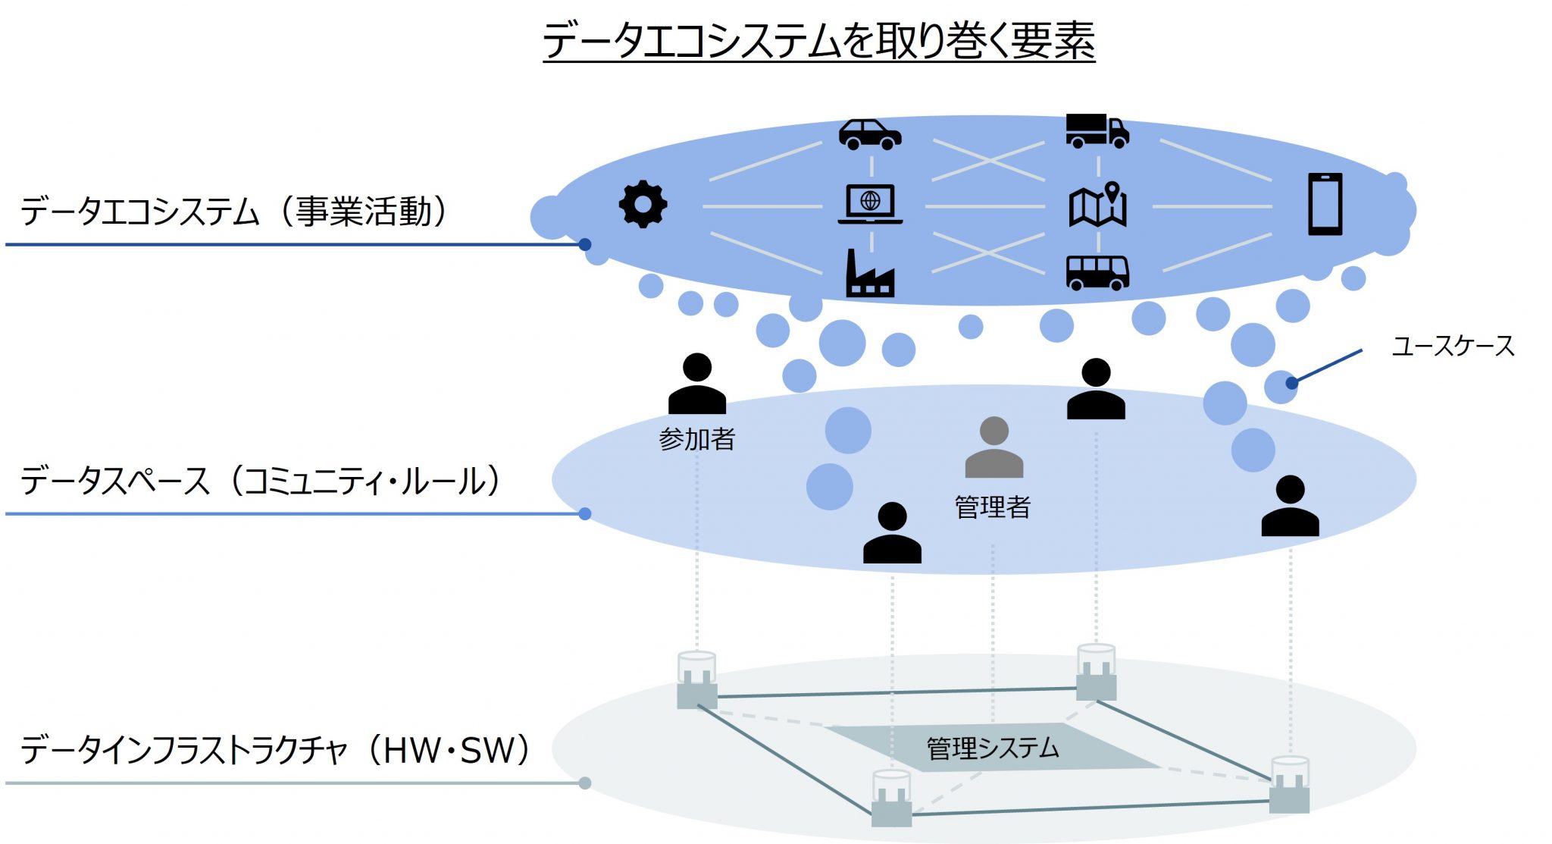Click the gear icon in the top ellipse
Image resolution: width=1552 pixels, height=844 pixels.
[x=643, y=204]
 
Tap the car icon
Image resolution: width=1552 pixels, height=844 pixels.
[x=870, y=134]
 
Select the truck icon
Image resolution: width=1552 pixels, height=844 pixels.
[x=1097, y=130]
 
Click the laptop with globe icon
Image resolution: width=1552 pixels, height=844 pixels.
[x=870, y=204]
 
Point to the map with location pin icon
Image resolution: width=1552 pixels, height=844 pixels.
[x=1098, y=204]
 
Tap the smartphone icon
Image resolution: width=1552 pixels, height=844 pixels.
[x=1325, y=204]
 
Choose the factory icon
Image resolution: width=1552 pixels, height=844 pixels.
[x=870, y=272]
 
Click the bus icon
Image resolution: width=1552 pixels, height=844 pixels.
[x=1097, y=273]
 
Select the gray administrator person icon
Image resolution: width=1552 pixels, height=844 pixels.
[x=993, y=447]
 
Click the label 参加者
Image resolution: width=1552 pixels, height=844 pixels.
[x=697, y=439]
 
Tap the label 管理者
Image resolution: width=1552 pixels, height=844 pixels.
[x=993, y=507]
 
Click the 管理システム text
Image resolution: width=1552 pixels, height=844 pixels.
[x=993, y=748]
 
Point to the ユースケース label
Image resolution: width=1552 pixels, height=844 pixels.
[x=1453, y=347]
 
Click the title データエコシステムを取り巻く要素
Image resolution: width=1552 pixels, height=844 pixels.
[x=819, y=40]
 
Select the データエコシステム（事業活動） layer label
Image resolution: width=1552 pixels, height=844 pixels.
[x=235, y=211]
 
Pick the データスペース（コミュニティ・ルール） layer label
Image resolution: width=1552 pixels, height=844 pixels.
[x=261, y=481]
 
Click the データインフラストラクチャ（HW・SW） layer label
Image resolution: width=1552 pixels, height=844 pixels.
[x=277, y=750]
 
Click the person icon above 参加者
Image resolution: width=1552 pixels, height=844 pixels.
[x=697, y=384]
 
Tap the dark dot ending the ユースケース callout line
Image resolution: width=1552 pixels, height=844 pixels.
[x=1292, y=383]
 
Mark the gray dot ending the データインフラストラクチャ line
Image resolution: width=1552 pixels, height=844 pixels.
[x=585, y=783]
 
